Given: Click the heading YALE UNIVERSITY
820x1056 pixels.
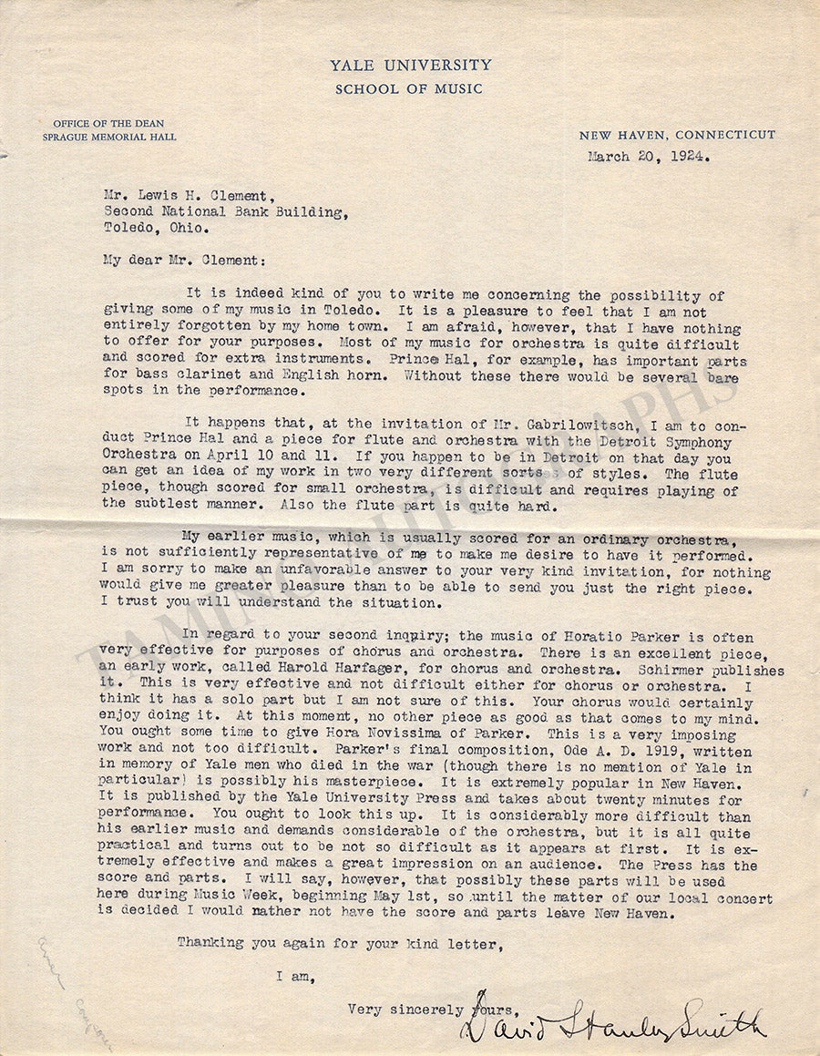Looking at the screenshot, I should click(x=410, y=65).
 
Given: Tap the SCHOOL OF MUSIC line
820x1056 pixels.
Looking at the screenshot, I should click(x=409, y=88).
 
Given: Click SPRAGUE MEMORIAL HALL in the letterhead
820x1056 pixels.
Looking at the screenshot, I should click(x=109, y=137).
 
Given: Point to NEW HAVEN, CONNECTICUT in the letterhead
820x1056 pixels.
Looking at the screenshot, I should click(x=677, y=135).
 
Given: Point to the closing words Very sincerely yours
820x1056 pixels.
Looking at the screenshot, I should click(x=432, y=1009).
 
